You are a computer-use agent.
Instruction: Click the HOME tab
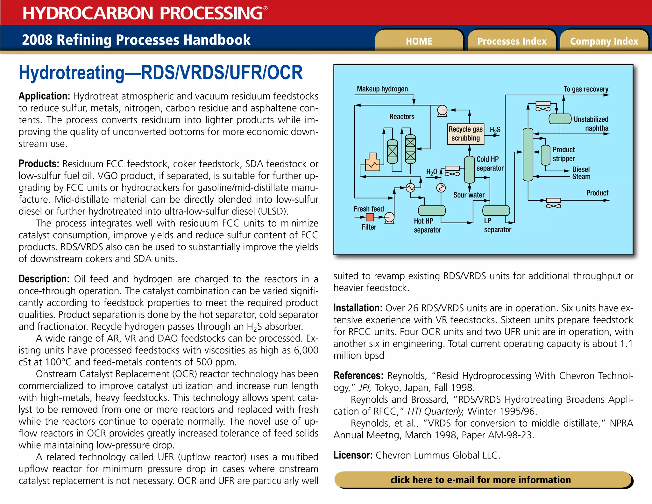419,41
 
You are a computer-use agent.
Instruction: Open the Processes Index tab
512,41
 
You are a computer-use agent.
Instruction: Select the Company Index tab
604,41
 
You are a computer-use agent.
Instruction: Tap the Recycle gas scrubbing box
465,134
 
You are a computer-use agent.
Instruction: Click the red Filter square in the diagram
370,217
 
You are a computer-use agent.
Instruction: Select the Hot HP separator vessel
432,211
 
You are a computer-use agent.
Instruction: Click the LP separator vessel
496,211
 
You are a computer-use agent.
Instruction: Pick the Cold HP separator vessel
469,169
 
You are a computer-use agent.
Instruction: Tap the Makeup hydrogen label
382,89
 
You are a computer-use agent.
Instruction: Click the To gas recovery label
586,89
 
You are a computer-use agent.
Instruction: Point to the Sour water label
469,195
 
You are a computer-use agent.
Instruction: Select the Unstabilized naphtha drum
560,119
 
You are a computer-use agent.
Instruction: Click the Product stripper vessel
545,155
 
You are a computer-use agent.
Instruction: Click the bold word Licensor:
353,455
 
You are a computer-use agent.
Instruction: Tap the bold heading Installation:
358,308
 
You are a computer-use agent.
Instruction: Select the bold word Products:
39,164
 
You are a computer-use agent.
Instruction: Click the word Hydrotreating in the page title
72,73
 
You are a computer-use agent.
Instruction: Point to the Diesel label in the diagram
581,169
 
